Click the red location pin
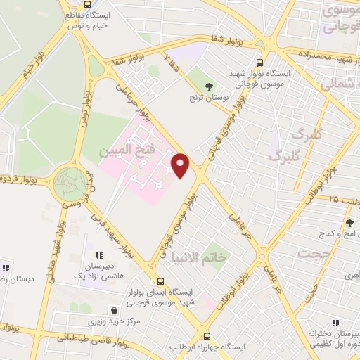click(181, 165)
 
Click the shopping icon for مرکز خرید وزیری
click(114, 309)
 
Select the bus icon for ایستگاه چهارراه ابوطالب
click(207, 336)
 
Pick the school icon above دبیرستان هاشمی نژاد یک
click(98, 255)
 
